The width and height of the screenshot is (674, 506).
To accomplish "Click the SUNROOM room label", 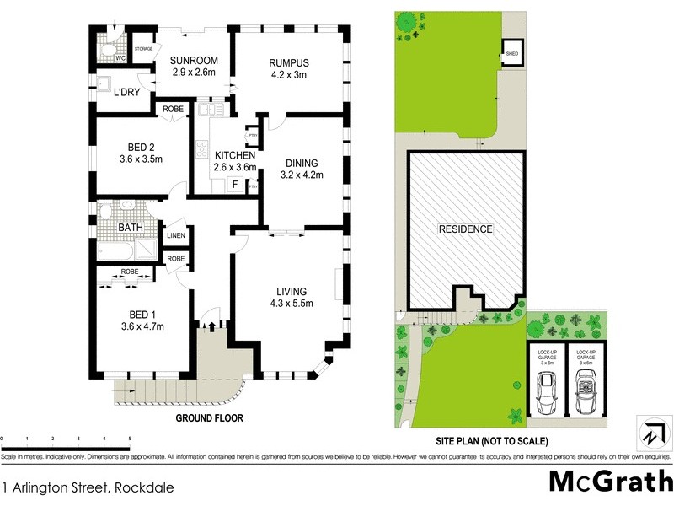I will [x=194, y=61].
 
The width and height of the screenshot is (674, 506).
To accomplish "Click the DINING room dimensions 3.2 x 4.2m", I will [x=301, y=175].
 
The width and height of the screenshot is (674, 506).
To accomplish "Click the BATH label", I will [x=131, y=227].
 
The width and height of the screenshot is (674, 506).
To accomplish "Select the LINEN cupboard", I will [x=175, y=236].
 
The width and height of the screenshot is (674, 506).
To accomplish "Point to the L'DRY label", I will [x=128, y=93].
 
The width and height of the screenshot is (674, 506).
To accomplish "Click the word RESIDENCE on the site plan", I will [x=465, y=229].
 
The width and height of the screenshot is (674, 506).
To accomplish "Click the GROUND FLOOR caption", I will [x=209, y=418].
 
